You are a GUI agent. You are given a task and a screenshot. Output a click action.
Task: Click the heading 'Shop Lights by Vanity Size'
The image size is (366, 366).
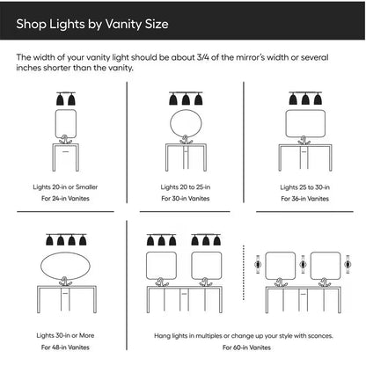(92, 24)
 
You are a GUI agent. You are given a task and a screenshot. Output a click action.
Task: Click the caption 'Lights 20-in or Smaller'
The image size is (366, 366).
(65, 187)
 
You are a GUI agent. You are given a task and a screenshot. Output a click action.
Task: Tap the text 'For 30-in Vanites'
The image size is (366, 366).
(186, 199)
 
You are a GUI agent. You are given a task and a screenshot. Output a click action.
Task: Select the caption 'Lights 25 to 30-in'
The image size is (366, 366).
(304, 187)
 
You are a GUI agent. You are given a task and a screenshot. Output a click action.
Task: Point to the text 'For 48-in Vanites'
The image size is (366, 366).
(65, 348)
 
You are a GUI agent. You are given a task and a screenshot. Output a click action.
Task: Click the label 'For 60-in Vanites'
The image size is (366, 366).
(246, 348)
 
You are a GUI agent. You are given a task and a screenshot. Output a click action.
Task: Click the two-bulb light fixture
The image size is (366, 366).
(66, 99)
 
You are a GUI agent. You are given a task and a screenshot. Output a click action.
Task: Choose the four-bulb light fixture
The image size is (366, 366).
(66, 239)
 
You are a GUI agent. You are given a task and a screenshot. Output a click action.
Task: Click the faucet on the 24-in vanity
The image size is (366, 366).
(65, 140)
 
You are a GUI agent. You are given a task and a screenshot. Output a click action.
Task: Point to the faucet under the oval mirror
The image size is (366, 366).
(65, 282)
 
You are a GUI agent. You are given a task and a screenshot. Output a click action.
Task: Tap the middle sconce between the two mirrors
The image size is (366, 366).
(303, 265)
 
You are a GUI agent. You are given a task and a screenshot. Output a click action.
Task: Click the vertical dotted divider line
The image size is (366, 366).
(244, 273)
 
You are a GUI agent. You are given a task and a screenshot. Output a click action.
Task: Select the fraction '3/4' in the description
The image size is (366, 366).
(203, 57)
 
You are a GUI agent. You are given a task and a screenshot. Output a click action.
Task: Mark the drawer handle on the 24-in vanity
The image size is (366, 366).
(65, 151)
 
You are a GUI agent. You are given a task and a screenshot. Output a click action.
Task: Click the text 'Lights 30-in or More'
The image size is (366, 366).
(65, 335)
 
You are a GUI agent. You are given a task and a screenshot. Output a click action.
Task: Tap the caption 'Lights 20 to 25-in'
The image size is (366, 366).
(186, 187)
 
